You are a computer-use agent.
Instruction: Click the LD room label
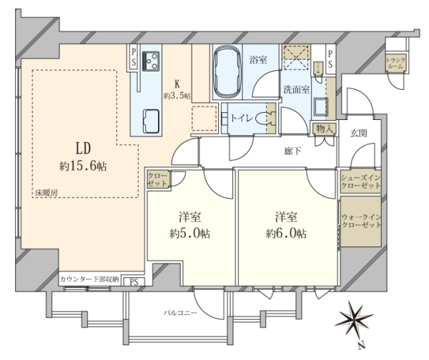click(x=83, y=149)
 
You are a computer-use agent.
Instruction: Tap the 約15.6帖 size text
click(x=83, y=166)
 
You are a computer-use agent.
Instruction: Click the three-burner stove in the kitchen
click(x=151, y=61)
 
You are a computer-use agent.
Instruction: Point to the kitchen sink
click(x=151, y=121)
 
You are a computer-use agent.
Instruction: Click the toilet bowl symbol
click(x=262, y=119)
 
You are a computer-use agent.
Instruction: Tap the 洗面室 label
click(x=296, y=89)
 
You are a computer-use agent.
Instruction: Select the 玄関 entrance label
click(x=359, y=134)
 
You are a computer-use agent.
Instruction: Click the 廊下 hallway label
click(x=292, y=151)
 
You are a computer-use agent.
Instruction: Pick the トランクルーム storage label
click(x=395, y=63)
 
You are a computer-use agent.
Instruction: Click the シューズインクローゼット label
click(x=360, y=181)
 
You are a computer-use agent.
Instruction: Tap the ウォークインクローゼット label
click(x=361, y=221)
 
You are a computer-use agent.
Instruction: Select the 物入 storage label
click(x=324, y=129)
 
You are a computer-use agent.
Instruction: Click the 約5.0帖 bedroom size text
click(x=190, y=234)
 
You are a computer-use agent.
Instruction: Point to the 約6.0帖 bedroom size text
click(x=286, y=234)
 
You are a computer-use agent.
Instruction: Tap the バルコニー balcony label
click(x=180, y=312)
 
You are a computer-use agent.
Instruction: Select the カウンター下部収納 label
click(x=89, y=279)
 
